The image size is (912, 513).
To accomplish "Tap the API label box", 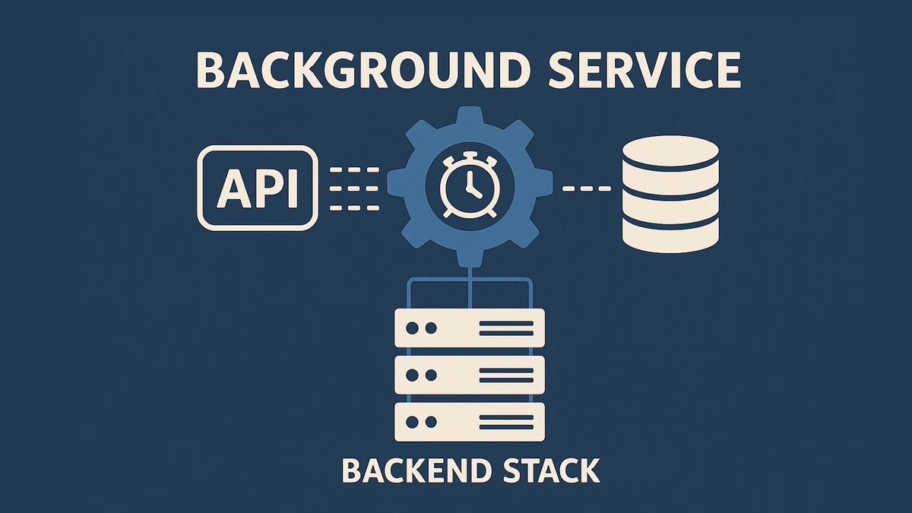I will (x=258, y=188).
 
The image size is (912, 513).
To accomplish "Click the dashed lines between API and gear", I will (x=355, y=188).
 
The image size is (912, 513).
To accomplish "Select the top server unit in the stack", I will (x=470, y=328).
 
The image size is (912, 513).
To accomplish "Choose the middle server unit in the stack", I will (x=470, y=375).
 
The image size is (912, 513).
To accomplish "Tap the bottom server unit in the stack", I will (x=470, y=421).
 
